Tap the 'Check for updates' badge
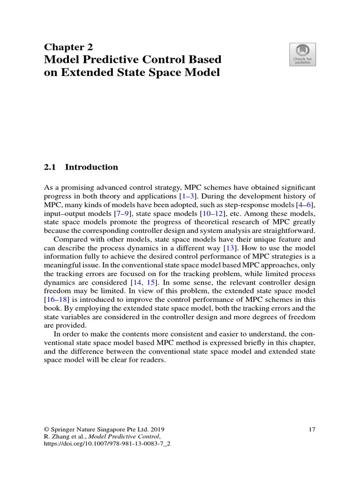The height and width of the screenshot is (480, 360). click(x=302, y=54)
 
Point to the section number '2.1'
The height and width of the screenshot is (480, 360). click(x=50, y=167)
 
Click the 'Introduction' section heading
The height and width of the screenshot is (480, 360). click(x=91, y=167)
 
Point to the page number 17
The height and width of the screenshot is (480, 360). click(x=312, y=429)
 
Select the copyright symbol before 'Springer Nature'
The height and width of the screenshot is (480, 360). click(x=46, y=429)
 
